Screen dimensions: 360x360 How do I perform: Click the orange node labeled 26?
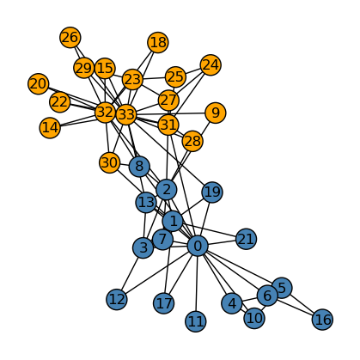click(x=70, y=38)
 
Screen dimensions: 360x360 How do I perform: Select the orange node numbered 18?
click(x=158, y=42)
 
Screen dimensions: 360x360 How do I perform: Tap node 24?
click(x=211, y=65)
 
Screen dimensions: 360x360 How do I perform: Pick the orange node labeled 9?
click(x=216, y=113)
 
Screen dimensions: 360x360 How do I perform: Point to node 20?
click(x=39, y=83)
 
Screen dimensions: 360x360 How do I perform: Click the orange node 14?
click(x=50, y=128)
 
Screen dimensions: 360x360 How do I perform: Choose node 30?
click(x=109, y=162)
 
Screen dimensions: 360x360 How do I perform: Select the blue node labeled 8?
click(x=139, y=167)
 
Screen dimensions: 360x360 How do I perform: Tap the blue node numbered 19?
click(x=212, y=192)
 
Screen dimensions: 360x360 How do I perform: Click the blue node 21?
click(x=246, y=239)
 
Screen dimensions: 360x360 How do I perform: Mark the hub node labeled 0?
click(x=198, y=246)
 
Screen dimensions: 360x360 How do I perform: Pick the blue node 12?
click(x=117, y=300)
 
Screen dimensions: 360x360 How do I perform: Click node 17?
click(x=164, y=303)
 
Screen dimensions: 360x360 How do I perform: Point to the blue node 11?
click(x=196, y=321)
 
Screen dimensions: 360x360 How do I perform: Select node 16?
click(x=323, y=320)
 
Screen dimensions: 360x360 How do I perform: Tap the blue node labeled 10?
click(x=254, y=318)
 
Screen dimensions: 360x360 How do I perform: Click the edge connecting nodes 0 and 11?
click(x=197, y=284)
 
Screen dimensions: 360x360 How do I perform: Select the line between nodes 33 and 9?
click(x=171, y=113)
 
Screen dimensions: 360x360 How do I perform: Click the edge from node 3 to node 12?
click(x=130, y=274)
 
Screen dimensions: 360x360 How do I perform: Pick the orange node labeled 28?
click(x=192, y=141)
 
